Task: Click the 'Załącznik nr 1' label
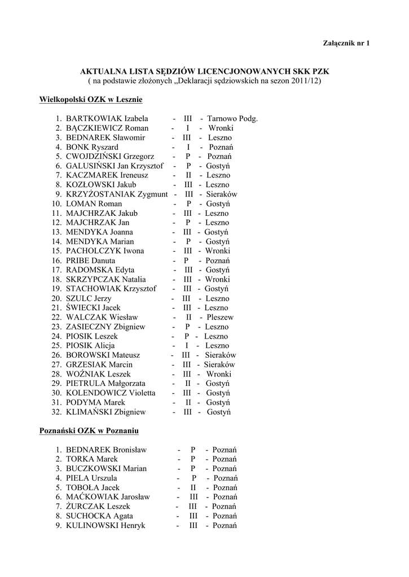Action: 346,43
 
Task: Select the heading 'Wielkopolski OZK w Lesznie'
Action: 90,100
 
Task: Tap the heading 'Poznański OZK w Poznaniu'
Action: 89,431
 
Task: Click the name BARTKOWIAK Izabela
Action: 107,119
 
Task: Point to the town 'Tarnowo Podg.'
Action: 232,119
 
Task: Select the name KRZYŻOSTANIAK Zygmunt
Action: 117,194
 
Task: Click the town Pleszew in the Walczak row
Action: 219,317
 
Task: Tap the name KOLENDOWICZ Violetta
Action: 109,393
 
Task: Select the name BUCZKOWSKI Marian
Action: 106,469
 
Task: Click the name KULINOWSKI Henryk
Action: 105,525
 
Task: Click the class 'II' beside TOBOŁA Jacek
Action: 193,487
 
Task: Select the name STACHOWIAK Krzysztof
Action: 111,289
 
